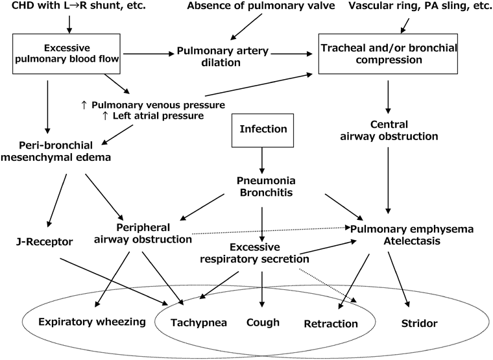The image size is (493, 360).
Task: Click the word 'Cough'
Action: tap(263, 322)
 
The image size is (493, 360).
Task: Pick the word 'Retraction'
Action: tap(331, 323)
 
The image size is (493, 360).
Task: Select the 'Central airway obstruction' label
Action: tap(388, 130)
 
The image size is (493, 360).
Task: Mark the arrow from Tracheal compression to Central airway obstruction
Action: tap(388, 97)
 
